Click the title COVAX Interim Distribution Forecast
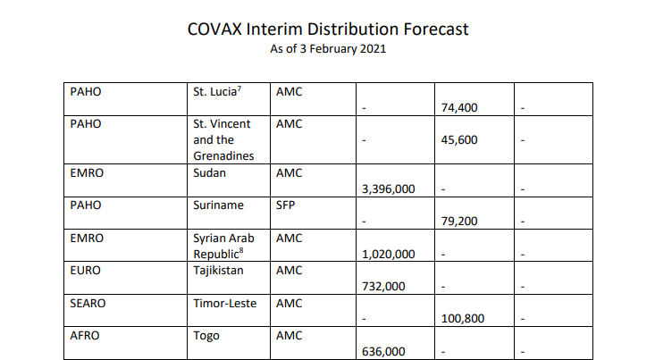328,29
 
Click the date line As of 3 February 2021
328,49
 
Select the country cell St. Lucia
218,91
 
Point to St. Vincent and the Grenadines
223,139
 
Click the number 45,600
459,140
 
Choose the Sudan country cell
211,172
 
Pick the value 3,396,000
389,189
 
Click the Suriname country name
218,205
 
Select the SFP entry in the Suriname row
287,205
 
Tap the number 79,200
459,222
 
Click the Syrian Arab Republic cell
223,245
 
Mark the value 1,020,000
389,254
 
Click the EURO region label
87,270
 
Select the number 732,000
384,286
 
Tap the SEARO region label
88,303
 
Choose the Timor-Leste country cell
225,303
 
